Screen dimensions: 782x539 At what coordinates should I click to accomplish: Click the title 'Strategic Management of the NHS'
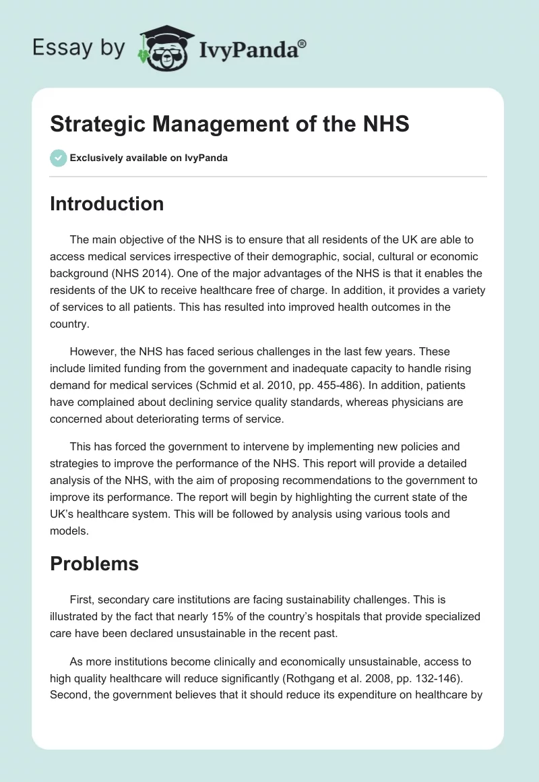tap(230, 124)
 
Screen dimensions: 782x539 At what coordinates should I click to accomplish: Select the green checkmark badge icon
tap(58, 158)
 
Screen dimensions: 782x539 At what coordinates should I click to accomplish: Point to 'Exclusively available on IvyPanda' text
tap(148, 158)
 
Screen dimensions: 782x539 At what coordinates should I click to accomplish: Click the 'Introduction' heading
tap(106, 204)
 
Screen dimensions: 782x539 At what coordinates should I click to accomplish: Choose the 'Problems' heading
tap(94, 564)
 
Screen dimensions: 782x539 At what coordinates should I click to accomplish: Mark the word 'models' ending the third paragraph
tap(69, 530)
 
